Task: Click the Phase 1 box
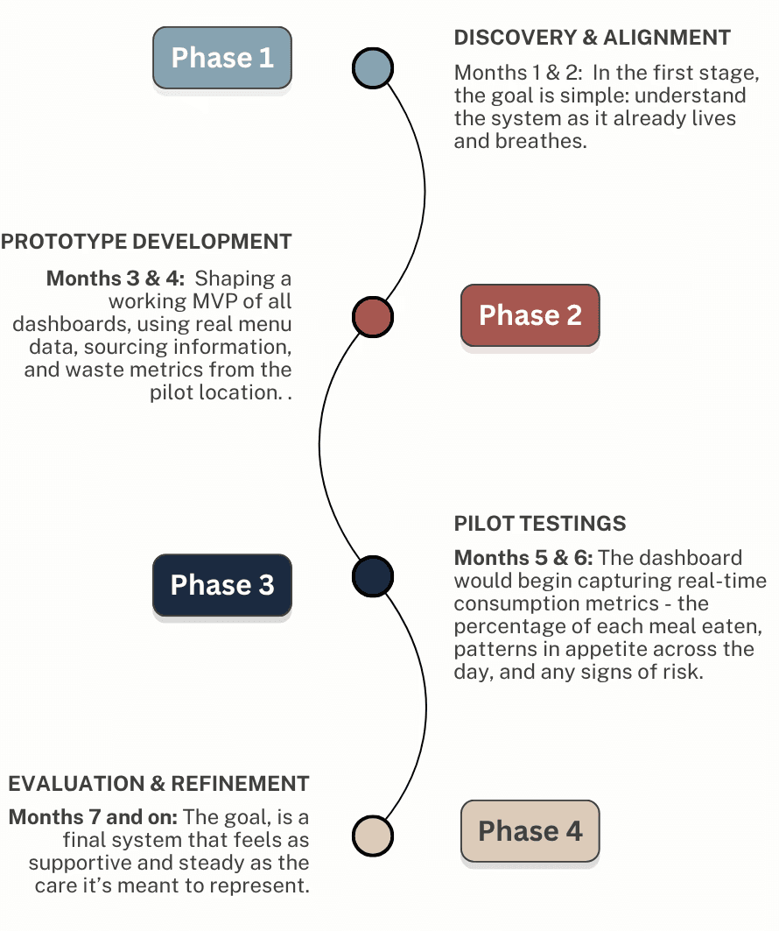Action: (x=222, y=58)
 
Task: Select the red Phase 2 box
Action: (x=530, y=315)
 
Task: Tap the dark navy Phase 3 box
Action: (x=222, y=585)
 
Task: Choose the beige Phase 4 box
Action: (x=530, y=831)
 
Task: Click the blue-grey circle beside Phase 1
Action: (x=373, y=67)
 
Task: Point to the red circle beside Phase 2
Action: (x=373, y=316)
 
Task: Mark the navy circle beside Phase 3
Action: (x=373, y=576)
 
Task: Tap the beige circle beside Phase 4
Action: (x=373, y=835)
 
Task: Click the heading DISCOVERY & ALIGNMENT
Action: (x=593, y=38)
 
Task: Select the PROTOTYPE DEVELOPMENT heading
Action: (x=146, y=242)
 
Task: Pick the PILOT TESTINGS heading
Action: (x=540, y=524)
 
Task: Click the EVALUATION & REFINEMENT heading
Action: (x=158, y=783)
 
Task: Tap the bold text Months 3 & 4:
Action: (x=116, y=279)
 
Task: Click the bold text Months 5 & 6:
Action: (x=523, y=558)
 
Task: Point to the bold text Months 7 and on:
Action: (x=94, y=817)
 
